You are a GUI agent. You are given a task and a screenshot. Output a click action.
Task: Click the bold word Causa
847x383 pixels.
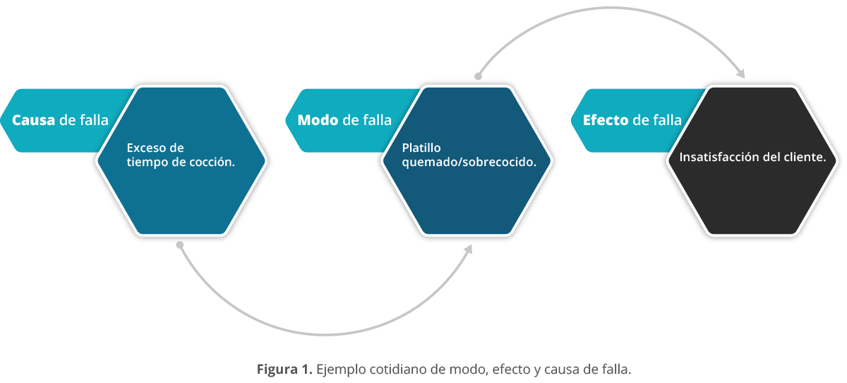(34, 120)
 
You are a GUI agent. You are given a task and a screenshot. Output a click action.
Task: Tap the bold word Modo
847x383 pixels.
(318, 120)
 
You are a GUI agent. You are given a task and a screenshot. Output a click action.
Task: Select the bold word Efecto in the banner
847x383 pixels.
(606, 120)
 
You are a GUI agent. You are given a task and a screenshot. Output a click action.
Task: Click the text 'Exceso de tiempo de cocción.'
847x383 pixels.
(181, 155)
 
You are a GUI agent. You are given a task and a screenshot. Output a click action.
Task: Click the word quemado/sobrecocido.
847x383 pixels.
(469, 162)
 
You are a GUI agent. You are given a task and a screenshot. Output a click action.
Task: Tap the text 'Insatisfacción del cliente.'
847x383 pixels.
(752, 157)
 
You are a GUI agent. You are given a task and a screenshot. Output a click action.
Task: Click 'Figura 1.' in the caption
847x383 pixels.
(284, 369)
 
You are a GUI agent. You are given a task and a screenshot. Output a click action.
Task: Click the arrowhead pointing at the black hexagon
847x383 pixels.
(740, 73)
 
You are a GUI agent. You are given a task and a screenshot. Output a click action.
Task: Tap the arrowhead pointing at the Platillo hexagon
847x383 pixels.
(469, 249)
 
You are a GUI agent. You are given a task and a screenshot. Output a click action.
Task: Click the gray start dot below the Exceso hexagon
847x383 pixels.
(180, 245)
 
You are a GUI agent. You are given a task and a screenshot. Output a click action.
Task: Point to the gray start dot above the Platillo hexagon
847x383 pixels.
(478, 76)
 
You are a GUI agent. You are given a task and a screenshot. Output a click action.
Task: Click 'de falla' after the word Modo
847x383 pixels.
(367, 120)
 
